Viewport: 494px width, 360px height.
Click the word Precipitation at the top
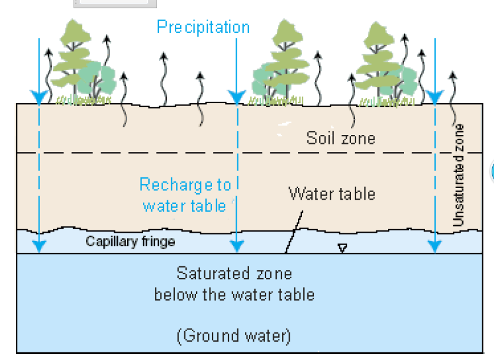coord(203,27)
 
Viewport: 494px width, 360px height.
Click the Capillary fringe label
coord(130,241)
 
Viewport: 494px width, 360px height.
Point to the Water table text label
coord(331,193)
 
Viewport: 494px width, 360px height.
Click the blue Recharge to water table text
coord(185,195)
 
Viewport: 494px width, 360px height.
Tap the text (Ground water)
coord(234,336)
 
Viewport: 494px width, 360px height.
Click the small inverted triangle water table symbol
coord(342,248)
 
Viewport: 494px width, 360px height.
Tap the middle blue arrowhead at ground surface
coord(236,97)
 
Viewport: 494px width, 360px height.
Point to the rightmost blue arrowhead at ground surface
coord(435,97)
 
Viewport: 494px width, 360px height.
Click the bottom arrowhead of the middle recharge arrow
coord(236,246)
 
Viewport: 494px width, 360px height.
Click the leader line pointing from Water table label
coord(294,230)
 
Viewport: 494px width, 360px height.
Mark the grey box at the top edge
coord(115,4)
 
